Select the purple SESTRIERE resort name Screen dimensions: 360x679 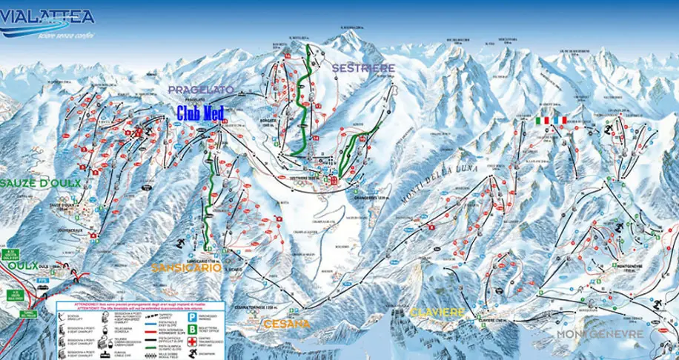(x=363, y=67)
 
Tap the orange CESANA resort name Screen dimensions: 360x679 (x=285, y=324)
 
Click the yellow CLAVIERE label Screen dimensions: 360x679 (x=437, y=312)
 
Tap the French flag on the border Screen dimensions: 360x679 (x=560, y=120)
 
